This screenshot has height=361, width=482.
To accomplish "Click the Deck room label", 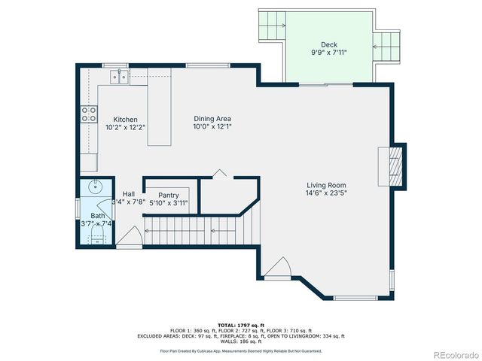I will click(x=329, y=44).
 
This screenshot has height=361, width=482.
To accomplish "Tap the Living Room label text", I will click(x=326, y=185).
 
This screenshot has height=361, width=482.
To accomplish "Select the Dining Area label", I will click(x=212, y=119).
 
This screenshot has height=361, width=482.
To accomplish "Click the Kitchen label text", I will click(x=125, y=120).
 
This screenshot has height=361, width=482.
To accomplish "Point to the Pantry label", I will click(x=168, y=195).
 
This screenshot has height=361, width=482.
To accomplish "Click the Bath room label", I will click(x=98, y=215).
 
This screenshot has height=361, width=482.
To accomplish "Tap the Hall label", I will click(x=129, y=193).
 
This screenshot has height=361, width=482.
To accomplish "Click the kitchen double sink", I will click(x=119, y=76).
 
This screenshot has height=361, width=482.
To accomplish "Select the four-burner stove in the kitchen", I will click(x=89, y=114).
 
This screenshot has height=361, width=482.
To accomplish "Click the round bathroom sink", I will click(x=95, y=187).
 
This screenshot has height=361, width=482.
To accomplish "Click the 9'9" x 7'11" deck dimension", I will click(x=329, y=53).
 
